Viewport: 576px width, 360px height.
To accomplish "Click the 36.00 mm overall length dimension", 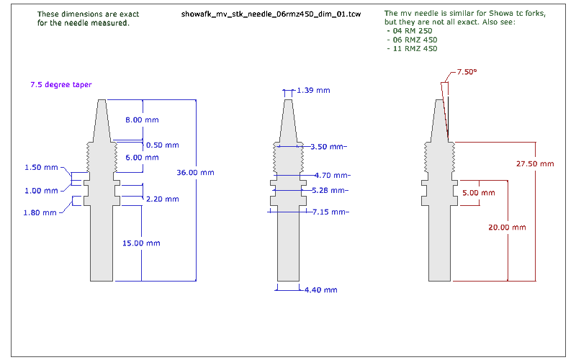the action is (x=195, y=172).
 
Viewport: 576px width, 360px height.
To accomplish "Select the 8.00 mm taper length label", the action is (x=142, y=120).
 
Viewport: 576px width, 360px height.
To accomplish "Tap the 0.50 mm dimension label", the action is (x=163, y=145).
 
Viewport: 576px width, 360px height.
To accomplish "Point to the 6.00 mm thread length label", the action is (x=142, y=158).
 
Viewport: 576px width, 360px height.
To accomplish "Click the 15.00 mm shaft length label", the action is (x=141, y=243).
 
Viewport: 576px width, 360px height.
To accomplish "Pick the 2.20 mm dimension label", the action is (x=163, y=199).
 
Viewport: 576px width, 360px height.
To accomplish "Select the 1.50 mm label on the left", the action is (x=41, y=168).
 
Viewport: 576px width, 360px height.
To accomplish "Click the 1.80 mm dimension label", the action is (x=40, y=212).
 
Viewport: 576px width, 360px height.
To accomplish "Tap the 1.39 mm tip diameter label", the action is (x=313, y=91).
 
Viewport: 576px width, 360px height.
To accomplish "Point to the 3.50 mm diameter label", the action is (x=328, y=147).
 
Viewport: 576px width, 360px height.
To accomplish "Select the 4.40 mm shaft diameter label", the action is (x=320, y=290).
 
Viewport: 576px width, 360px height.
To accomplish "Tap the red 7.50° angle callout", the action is (x=467, y=72).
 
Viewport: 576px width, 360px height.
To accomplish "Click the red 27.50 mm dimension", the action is (x=535, y=164).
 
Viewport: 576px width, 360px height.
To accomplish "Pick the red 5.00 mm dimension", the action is (x=479, y=193).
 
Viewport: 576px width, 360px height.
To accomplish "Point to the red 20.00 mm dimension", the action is (x=507, y=228).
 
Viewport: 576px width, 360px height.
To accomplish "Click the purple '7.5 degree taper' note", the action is (x=61, y=84).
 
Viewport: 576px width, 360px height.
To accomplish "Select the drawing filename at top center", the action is (x=271, y=14).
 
